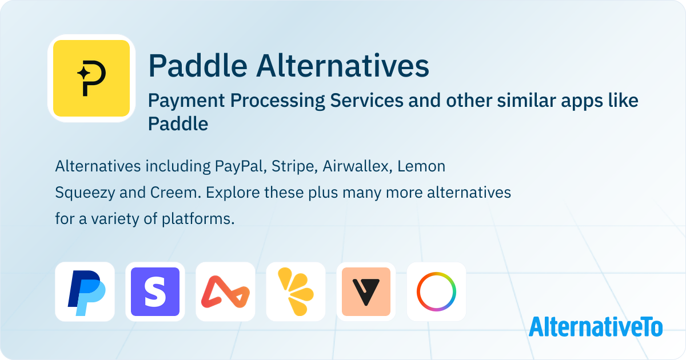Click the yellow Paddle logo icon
click(x=91, y=78)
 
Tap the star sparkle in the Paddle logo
click(x=83, y=73)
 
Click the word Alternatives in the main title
click(x=342, y=66)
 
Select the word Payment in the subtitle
click(x=186, y=101)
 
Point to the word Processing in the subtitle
click(x=277, y=101)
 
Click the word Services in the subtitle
click(x=366, y=101)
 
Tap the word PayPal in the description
click(x=241, y=167)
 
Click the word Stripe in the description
click(x=294, y=167)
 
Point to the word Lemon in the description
click(x=421, y=166)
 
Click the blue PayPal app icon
click(x=85, y=292)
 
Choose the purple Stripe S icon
click(x=155, y=292)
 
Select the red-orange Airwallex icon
click(x=225, y=292)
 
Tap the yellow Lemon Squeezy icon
click(x=296, y=292)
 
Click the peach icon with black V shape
click(x=366, y=292)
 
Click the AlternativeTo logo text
click(x=596, y=327)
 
